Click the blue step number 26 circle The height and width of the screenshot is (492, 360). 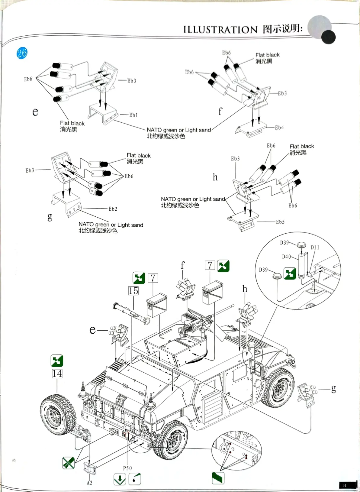click(22, 53)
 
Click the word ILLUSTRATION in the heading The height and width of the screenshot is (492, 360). click(220, 30)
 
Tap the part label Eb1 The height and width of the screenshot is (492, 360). click(133, 115)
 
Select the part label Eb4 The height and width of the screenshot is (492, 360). click(279, 128)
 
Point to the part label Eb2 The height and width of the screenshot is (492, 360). click(113, 209)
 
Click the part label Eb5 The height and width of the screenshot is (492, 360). click(280, 222)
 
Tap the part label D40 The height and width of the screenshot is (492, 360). click(287, 257)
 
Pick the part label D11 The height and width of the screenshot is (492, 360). click(315, 248)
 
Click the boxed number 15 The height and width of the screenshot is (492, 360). click(133, 291)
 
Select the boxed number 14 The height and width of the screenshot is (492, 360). click(57, 374)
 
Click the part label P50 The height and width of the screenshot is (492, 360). click(127, 468)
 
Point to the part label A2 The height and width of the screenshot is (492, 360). click(89, 483)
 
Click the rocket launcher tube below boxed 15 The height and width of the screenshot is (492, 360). click(131, 313)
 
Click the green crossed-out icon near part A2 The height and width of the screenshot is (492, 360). click(68, 463)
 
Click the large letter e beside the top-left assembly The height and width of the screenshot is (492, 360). click(35, 112)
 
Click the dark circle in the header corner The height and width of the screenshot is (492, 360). click(328, 37)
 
